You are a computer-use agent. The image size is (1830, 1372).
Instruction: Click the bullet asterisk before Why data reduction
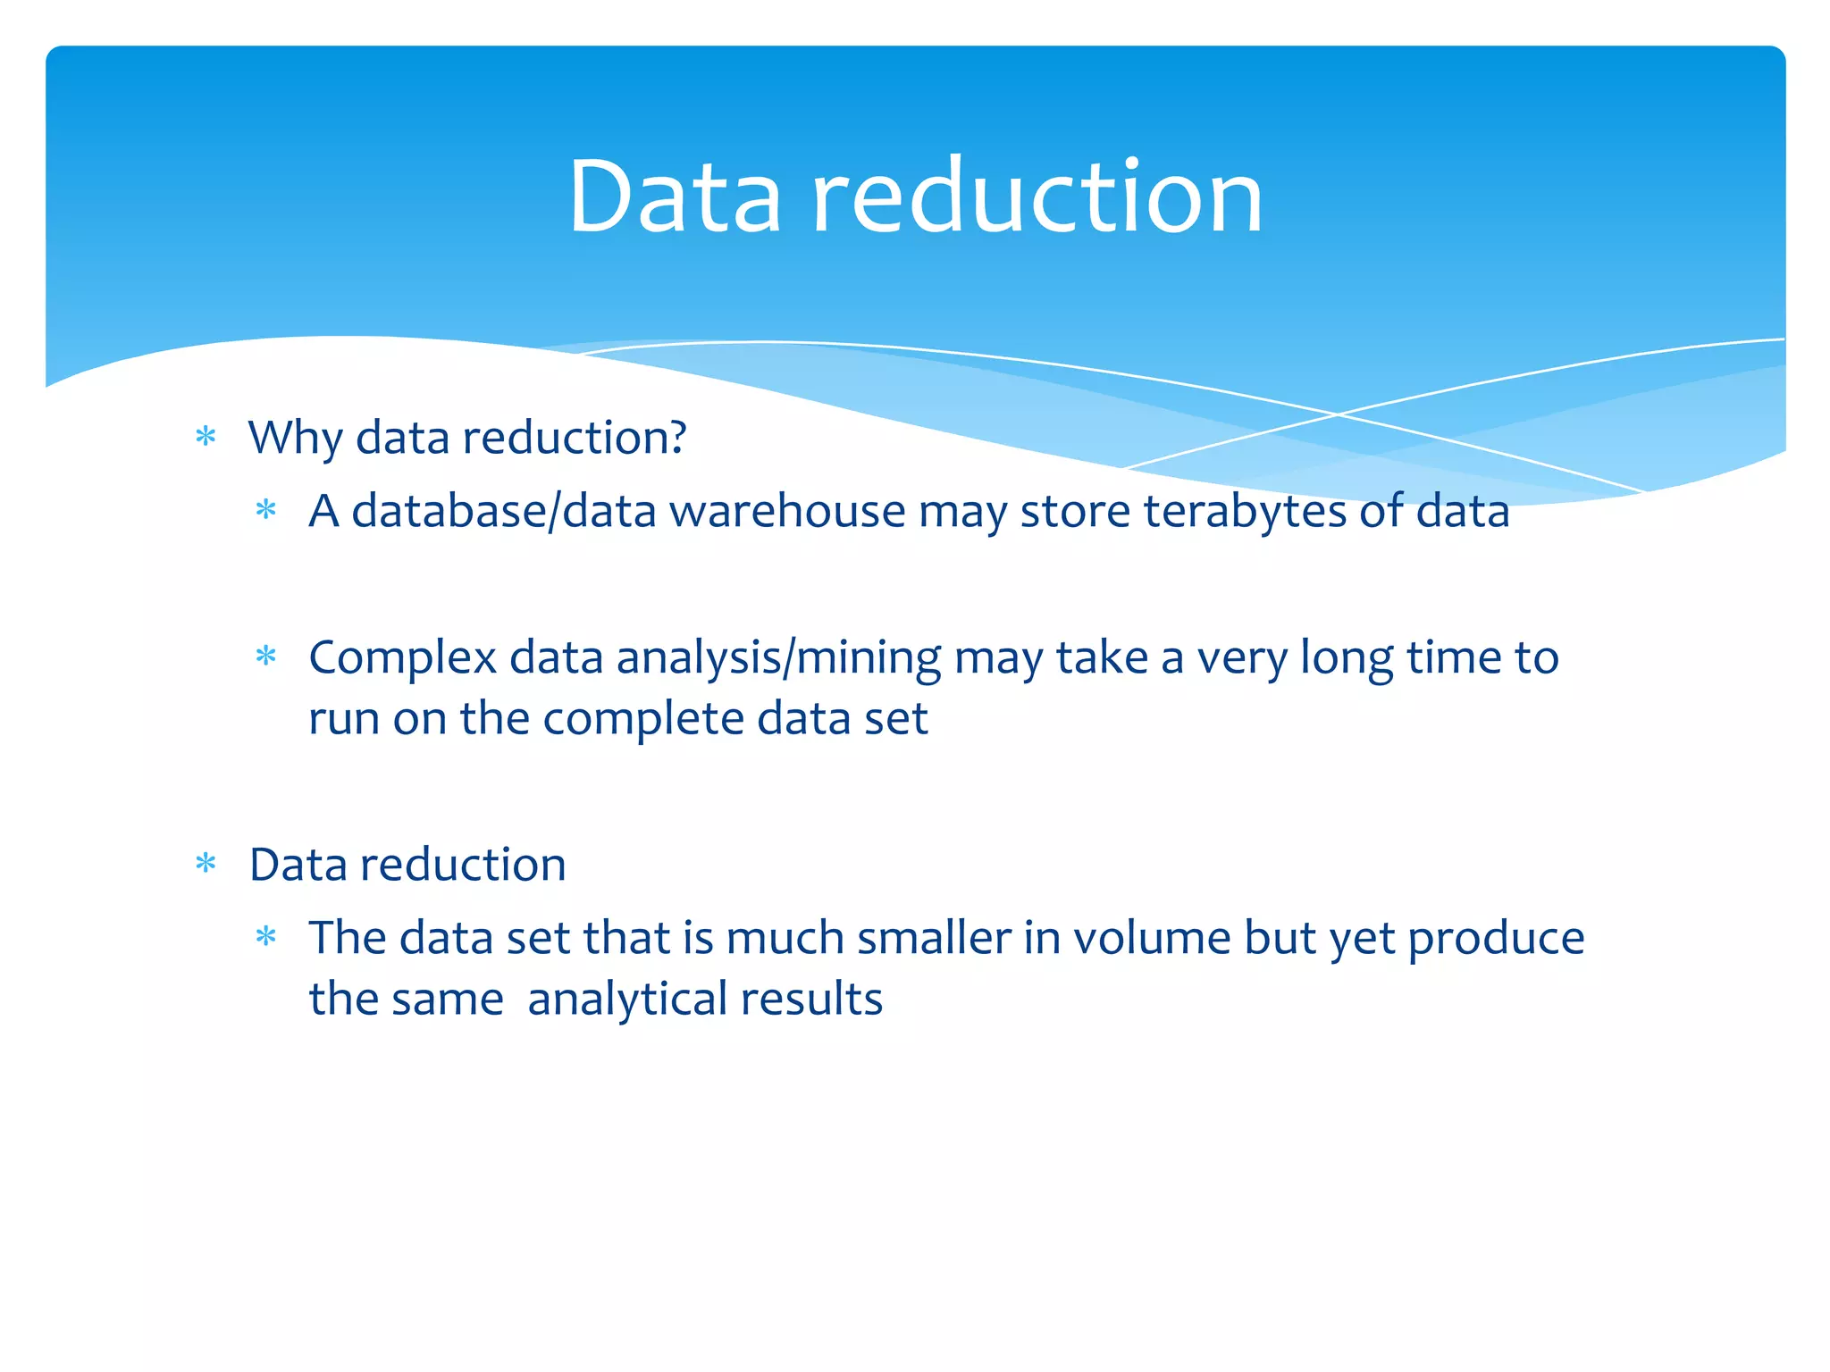[206, 437]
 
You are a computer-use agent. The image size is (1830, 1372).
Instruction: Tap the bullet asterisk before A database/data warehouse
[266, 511]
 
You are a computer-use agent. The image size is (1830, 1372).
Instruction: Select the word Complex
[402, 659]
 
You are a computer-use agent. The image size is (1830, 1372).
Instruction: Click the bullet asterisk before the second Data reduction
[206, 864]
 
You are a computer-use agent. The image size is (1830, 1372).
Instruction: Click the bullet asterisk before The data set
[266, 938]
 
